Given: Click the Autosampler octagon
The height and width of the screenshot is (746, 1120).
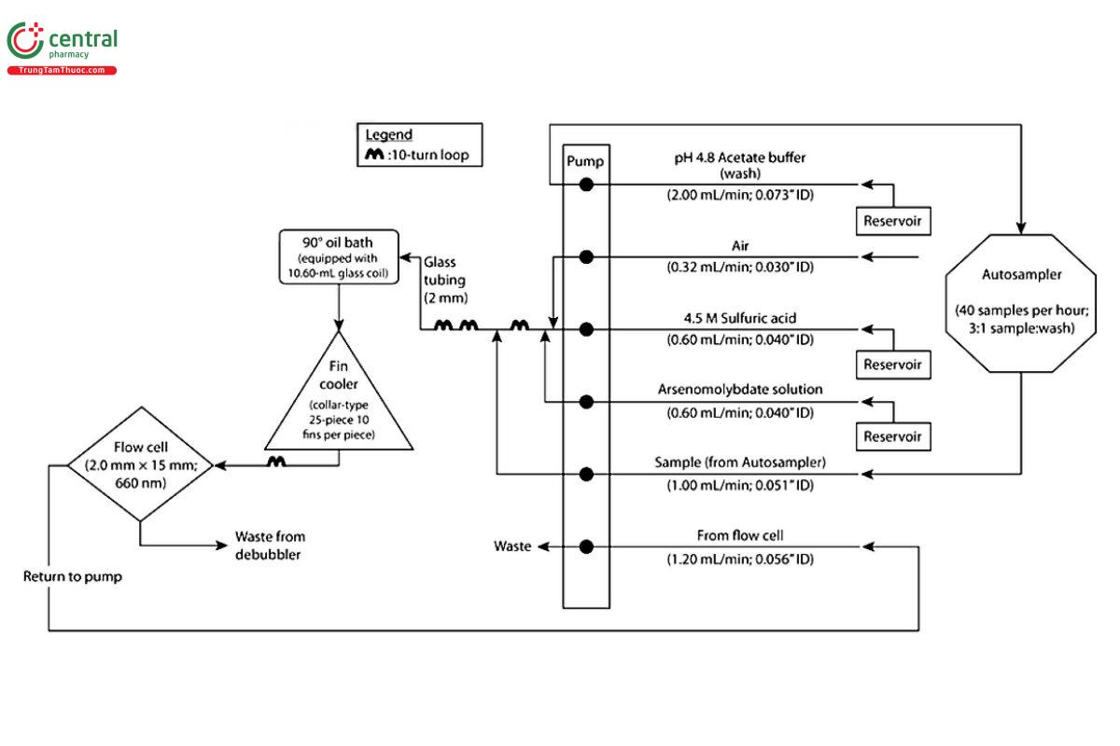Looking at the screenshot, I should pyautogui.click(x=1021, y=302).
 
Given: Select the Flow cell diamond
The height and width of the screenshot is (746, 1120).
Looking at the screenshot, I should pyautogui.click(x=140, y=463).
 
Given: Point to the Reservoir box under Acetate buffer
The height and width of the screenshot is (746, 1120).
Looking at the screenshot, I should pyautogui.click(x=894, y=220).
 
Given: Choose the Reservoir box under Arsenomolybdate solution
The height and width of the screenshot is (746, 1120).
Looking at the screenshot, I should pyautogui.click(x=894, y=436).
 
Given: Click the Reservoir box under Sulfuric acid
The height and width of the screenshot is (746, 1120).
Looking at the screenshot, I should pyautogui.click(x=894, y=364).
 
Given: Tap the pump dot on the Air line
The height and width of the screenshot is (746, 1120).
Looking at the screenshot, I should pyautogui.click(x=586, y=256).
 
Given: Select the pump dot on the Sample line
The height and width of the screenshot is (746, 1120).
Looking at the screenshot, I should pyautogui.click(x=586, y=475).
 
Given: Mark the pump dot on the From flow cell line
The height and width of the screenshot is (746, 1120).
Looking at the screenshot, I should pyautogui.click(x=586, y=546).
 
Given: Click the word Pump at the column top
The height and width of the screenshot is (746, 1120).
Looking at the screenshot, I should pyautogui.click(x=585, y=161).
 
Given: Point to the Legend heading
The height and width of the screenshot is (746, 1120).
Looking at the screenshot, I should pyautogui.click(x=388, y=135).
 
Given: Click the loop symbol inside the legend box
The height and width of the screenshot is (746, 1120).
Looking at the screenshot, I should pyautogui.click(x=373, y=156).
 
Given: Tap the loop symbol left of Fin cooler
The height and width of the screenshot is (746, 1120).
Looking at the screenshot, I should pyautogui.click(x=276, y=462).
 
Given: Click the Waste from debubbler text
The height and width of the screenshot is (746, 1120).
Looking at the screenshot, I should pyautogui.click(x=270, y=545).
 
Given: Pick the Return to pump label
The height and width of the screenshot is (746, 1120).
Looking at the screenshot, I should pyautogui.click(x=72, y=576).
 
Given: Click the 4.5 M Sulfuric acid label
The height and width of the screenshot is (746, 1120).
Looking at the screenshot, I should pyautogui.click(x=739, y=319).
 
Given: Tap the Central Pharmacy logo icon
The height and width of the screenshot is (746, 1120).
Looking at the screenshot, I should pyautogui.click(x=25, y=43).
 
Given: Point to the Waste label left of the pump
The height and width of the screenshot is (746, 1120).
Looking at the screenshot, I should pyautogui.click(x=511, y=546).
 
